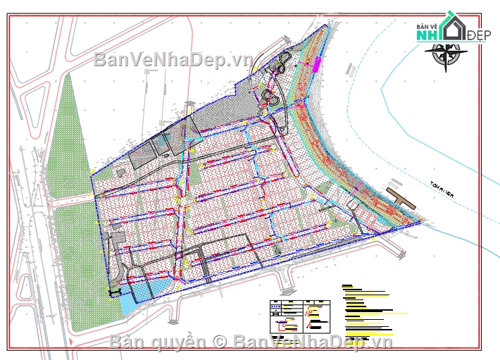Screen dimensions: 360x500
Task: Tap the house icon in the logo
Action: click(x=454, y=26)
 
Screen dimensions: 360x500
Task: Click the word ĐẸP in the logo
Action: click(x=476, y=35)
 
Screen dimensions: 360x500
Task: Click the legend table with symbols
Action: click(x=300, y=316)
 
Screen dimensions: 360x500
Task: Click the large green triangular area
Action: click(x=65, y=141)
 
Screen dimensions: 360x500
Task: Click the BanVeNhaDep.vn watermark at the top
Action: click(x=173, y=60)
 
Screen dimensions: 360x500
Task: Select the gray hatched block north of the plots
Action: click(x=225, y=113)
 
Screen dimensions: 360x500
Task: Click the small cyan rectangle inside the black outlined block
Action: click(x=163, y=143)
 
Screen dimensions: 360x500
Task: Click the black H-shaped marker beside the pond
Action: click(x=115, y=292)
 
